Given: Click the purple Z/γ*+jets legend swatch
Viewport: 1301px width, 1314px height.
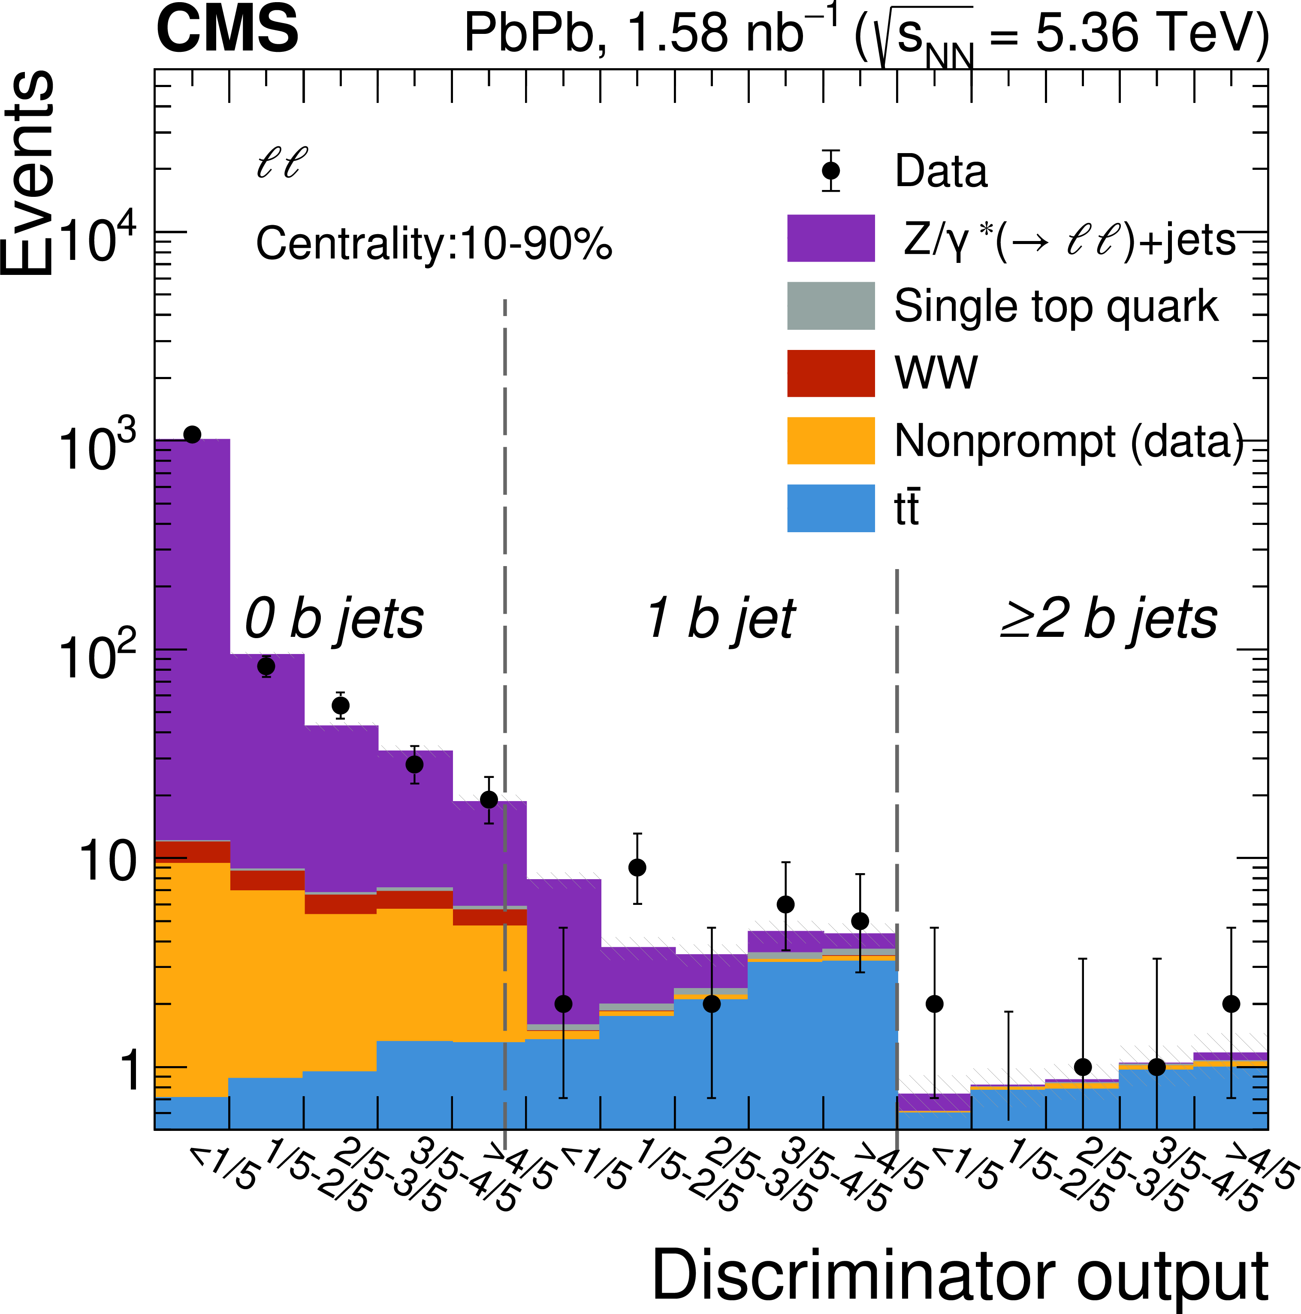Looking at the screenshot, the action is pos(831,238).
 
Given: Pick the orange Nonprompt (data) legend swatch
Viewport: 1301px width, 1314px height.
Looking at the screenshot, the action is pos(831,441).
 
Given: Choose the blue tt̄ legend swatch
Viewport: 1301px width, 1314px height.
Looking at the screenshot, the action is pos(831,508).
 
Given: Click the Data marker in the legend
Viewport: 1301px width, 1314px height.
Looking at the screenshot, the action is pos(831,170).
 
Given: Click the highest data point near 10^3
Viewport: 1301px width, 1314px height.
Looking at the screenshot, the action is pos(193,434).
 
